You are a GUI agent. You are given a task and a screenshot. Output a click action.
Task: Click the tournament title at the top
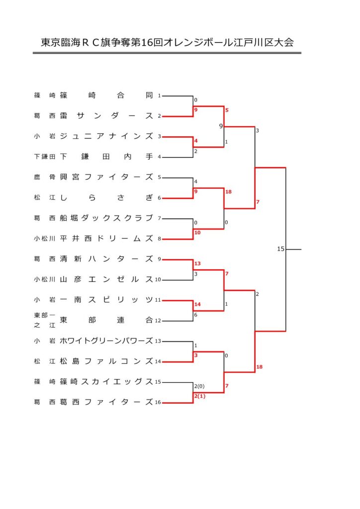click(167, 43)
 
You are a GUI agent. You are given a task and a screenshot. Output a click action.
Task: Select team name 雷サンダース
click(106, 115)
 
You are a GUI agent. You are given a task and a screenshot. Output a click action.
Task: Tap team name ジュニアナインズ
click(106, 136)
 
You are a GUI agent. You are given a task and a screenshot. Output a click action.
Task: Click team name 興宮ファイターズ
click(106, 177)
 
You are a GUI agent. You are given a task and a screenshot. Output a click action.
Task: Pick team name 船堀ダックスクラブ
click(106, 218)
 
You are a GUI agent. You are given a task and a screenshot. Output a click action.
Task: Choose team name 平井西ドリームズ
click(106, 238)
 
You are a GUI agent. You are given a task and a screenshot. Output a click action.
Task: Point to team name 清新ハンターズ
click(106, 258)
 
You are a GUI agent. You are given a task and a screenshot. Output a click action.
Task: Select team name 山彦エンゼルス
click(106, 279)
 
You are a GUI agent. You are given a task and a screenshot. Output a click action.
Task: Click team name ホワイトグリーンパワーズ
click(106, 340)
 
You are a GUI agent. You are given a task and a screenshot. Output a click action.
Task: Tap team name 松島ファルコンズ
click(106, 361)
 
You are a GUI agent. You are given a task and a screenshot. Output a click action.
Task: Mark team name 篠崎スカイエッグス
click(106, 381)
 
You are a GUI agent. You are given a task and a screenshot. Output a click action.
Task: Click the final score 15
click(280, 249)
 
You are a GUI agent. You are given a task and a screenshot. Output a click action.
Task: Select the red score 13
click(197, 263)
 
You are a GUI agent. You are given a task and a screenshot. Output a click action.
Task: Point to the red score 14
click(197, 304)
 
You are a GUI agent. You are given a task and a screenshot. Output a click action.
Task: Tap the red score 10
click(197, 233)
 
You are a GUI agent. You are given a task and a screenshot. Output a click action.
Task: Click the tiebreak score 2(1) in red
click(199, 396)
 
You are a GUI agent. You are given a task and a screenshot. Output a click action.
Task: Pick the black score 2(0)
click(199, 386)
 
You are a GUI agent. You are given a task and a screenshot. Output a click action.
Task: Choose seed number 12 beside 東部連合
click(158, 321)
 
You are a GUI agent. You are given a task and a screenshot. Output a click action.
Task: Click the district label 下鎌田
click(44, 157)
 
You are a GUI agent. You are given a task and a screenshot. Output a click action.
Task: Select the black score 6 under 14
click(196, 315)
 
